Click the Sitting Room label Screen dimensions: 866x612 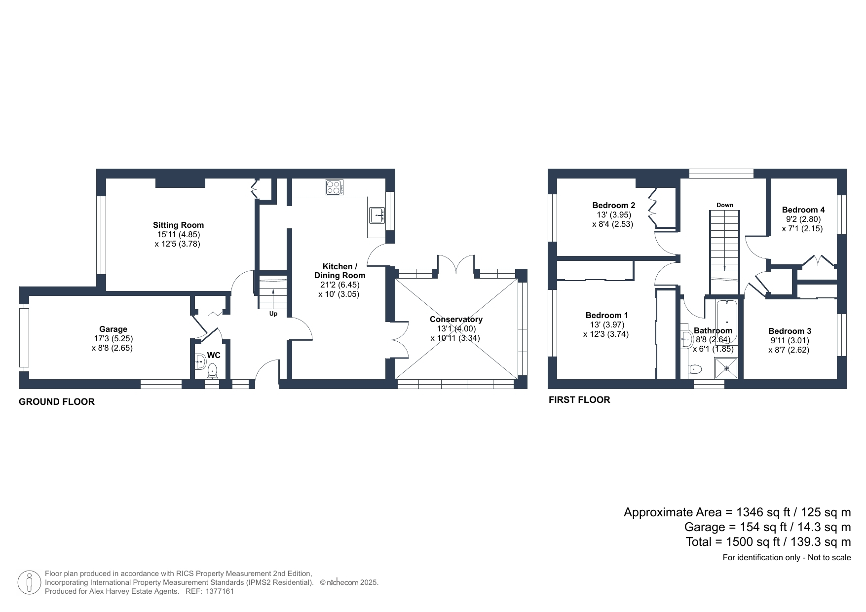[178, 225]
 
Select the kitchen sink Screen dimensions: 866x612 [377, 216]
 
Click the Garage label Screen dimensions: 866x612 [113, 329]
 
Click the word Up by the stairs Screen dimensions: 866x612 [273, 314]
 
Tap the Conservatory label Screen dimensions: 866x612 [456, 320]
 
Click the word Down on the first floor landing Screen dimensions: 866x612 [725, 205]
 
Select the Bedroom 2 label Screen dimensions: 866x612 [614, 206]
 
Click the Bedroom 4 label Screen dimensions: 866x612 [803, 210]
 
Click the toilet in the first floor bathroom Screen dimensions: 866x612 [696, 368]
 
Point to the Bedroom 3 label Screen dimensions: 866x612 [790, 331]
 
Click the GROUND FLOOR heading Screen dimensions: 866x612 [57, 402]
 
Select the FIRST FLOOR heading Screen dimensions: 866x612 [579, 400]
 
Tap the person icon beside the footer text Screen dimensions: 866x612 [29, 582]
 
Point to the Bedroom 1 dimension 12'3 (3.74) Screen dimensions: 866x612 [606, 334]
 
